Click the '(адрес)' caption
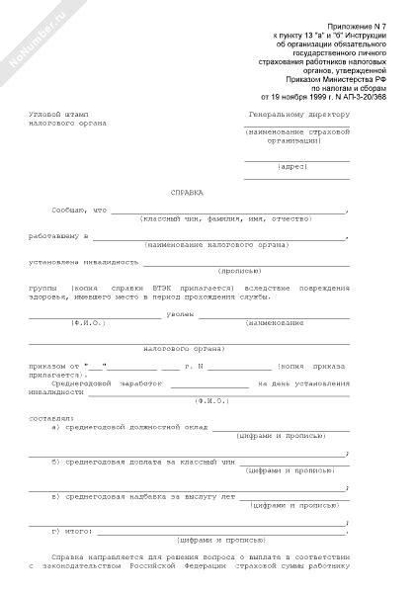tap(297, 167)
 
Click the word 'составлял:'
tap(49, 418)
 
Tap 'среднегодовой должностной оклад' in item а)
tap(136, 430)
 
